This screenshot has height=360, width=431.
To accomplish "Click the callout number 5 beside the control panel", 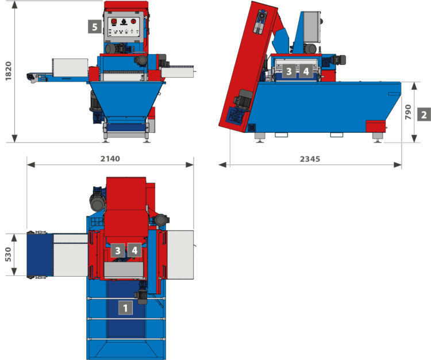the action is coord(95,26).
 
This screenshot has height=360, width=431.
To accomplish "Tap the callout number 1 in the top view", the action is coord(125,308).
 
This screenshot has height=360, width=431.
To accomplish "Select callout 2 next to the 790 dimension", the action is coord(424,114).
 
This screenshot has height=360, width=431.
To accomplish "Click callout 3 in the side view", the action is coord(288,71).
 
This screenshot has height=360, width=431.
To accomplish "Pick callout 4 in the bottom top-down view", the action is coord(134,250).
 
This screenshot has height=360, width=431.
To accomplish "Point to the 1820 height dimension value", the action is coord(9,71).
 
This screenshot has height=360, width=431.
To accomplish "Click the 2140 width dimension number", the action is coord(110,159).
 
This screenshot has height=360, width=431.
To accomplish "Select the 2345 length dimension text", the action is coord(310,159).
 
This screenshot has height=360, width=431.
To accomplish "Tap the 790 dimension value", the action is coord(408,112).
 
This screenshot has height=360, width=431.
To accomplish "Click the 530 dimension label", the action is coord(8,254).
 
